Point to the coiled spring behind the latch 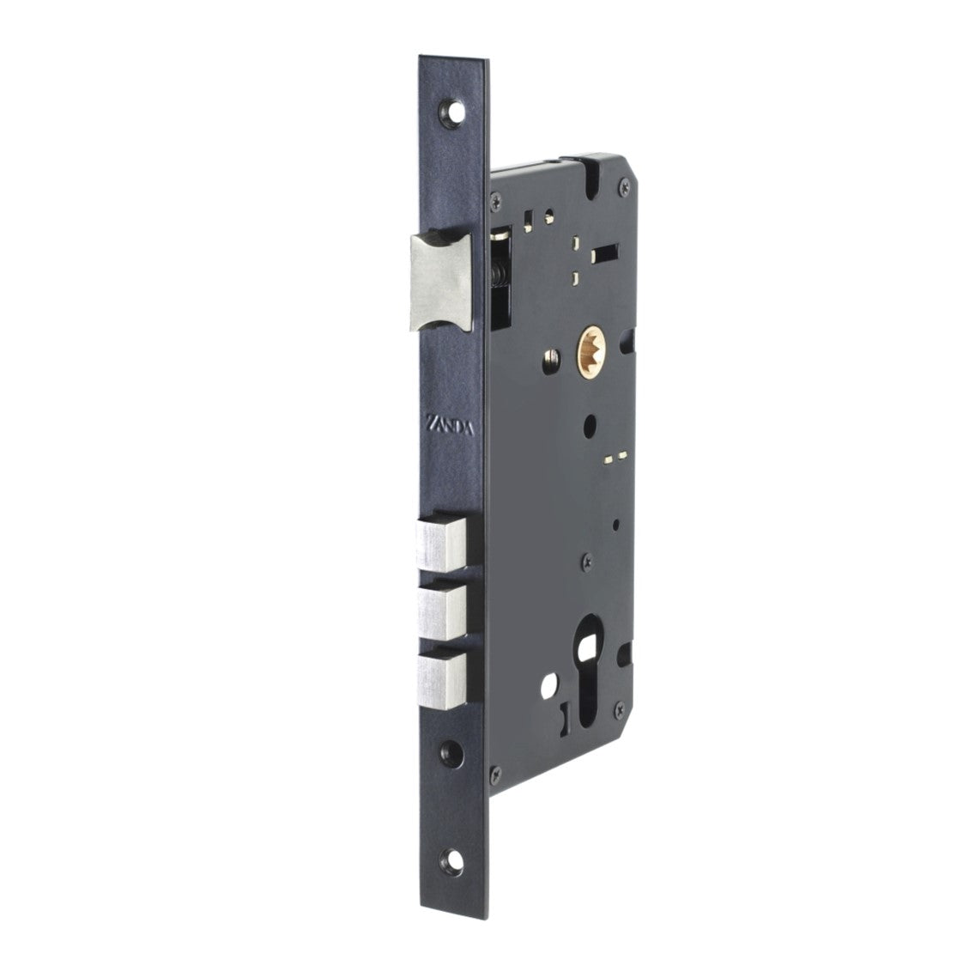pyautogui.click(x=499, y=275)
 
